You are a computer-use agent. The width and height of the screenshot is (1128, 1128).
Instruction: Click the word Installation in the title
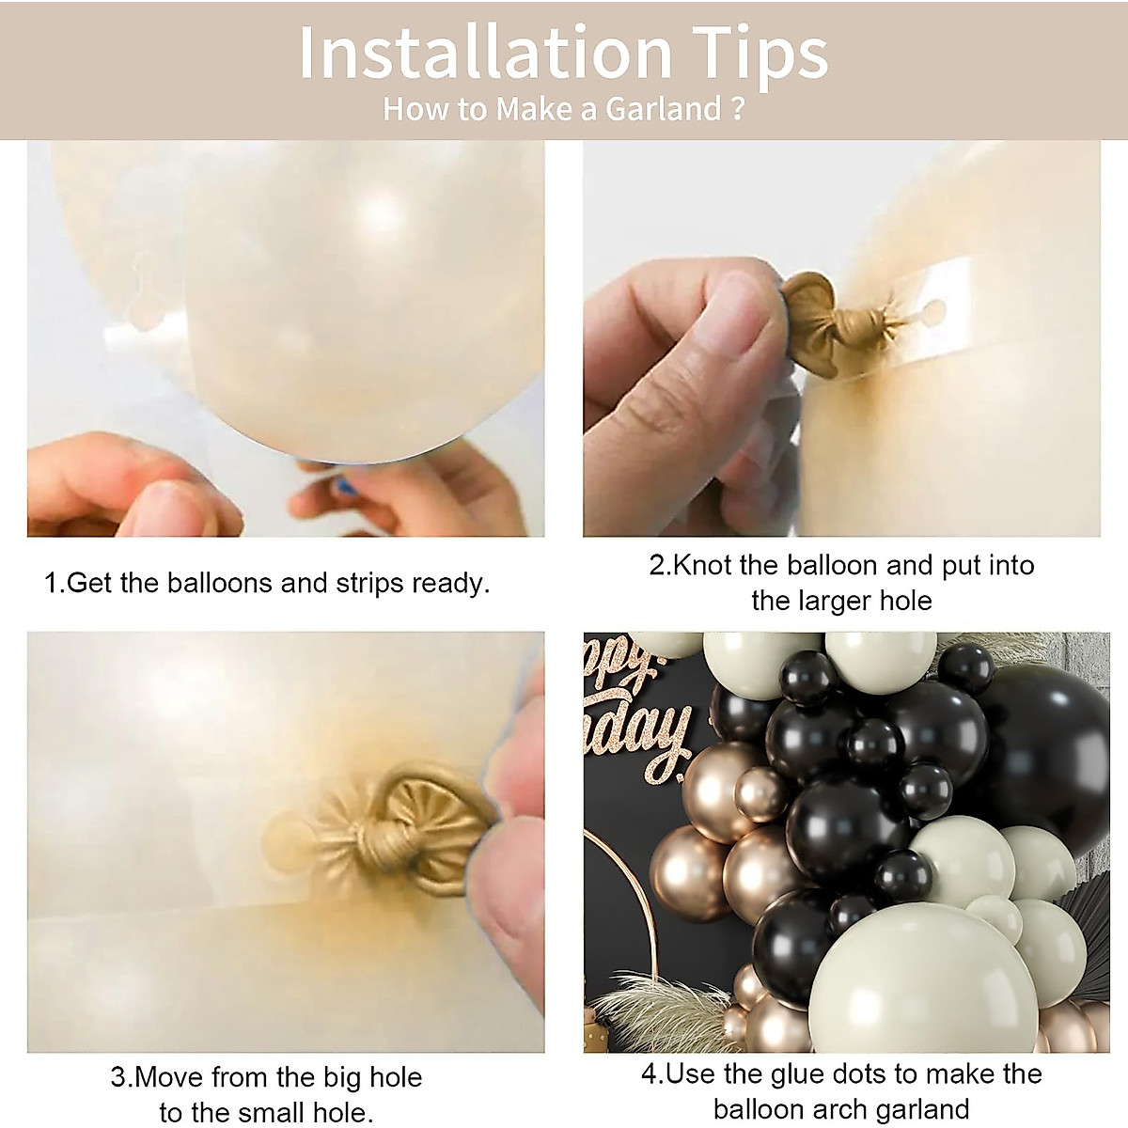click(485, 55)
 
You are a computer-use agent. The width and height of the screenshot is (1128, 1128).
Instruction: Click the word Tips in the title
click(760, 55)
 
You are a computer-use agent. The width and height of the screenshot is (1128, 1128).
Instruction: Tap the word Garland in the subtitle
click(663, 109)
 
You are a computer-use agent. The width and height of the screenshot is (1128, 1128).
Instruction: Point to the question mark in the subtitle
click(737, 109)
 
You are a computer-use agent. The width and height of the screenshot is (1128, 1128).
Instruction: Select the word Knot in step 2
click(703, 565)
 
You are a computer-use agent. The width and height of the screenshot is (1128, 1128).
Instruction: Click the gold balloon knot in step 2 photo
click(816, 318)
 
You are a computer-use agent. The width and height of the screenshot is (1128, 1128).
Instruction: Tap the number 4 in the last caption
click(649, 1073)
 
